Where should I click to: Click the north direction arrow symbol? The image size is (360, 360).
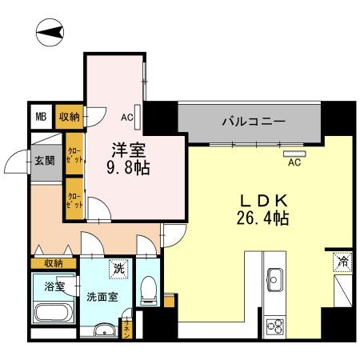(51, 31)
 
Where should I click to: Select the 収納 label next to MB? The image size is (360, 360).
(70, 117)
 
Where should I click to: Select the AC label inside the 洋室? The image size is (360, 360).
(126, 116)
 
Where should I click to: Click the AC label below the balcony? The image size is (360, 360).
(294, 162)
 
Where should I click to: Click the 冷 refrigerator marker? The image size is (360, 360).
(342, 261)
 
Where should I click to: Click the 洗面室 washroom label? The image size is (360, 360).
(101, 294)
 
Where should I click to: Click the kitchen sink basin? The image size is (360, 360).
(274, 282)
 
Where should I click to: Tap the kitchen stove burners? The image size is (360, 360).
(274, 326)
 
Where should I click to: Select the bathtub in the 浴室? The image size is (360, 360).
(54, 314)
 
